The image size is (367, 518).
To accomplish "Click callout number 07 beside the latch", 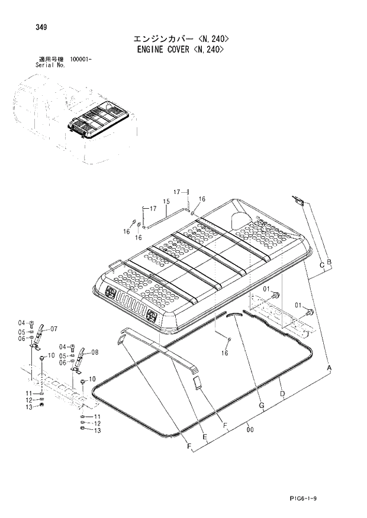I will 53,328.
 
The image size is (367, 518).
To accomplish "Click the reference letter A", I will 329,368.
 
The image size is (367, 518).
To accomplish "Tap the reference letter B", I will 329,262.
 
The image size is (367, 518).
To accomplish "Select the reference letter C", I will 321,265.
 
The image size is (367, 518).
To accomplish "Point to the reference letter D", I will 282,393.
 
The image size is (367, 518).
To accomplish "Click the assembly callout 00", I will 250,430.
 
